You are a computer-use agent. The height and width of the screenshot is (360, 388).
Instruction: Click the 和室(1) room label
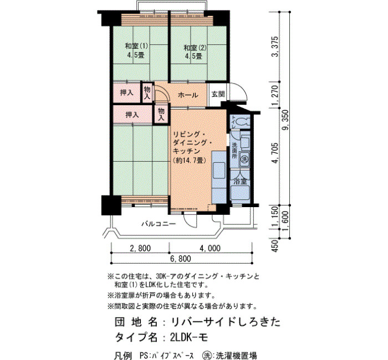tap(136, 46)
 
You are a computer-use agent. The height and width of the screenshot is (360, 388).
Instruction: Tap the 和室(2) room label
tap(195, 47)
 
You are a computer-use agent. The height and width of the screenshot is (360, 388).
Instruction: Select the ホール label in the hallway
tap(188, 95)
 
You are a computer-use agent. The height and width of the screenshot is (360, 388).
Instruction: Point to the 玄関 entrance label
tap(218, 94)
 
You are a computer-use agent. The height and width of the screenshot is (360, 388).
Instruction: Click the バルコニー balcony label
tap(159, 224)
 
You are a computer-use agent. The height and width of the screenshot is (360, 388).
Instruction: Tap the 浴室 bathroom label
tap(240, 181)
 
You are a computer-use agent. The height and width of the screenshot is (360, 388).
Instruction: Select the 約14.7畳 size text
tap(190, 161)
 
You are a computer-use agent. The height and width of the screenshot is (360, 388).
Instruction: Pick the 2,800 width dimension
tap(140, 248)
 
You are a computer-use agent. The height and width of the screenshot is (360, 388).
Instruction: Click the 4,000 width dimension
tap(210, 248)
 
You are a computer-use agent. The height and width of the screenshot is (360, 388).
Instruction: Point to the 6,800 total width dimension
tap(180, 259)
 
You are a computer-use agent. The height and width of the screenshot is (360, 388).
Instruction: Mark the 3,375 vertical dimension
tap(275, 47)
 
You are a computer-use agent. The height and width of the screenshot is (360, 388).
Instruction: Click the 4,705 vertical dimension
tap(275, 153)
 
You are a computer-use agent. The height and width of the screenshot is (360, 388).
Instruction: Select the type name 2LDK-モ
tap(188, 337)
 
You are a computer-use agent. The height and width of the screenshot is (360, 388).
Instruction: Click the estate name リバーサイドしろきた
tap(226, 322)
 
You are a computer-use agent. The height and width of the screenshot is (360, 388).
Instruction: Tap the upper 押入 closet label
tap(127, 92)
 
